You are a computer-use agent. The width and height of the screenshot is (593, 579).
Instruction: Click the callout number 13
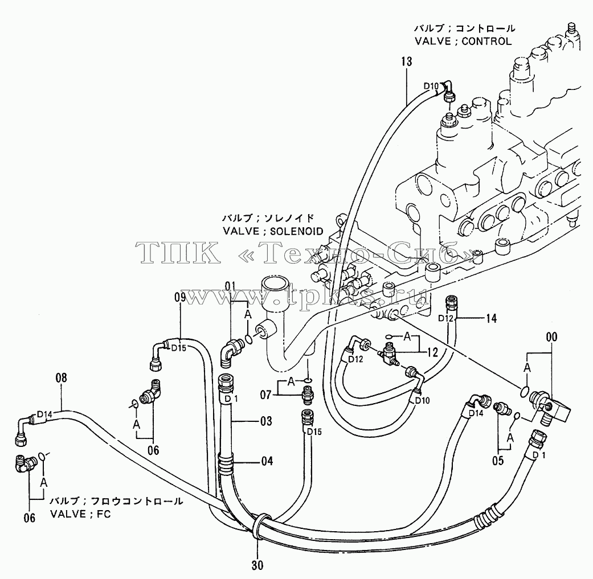pos(407,61)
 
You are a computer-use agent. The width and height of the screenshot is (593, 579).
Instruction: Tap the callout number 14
pos(491,319)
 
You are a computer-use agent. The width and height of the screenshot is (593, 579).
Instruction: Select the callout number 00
pos(552,337)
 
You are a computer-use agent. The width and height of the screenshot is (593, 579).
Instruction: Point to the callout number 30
pos(257,565)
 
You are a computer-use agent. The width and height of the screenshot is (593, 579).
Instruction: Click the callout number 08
pos(62,377)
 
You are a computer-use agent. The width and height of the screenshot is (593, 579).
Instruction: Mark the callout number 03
pos(266,421)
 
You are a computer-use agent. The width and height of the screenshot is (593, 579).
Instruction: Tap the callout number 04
pos(267,461)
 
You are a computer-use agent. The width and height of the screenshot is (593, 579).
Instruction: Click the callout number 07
pos(266,395)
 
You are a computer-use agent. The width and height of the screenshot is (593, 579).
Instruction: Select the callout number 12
pos(432,352)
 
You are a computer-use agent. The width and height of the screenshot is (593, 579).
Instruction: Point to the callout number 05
pos(498,461)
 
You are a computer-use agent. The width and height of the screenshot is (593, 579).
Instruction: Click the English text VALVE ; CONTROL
pos(463,41)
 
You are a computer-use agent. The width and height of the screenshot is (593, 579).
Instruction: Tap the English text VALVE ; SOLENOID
pos(273,231)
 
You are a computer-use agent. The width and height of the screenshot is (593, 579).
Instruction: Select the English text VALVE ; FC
pos(80,514)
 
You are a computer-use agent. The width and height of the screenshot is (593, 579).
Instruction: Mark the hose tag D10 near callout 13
pos(431,86)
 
